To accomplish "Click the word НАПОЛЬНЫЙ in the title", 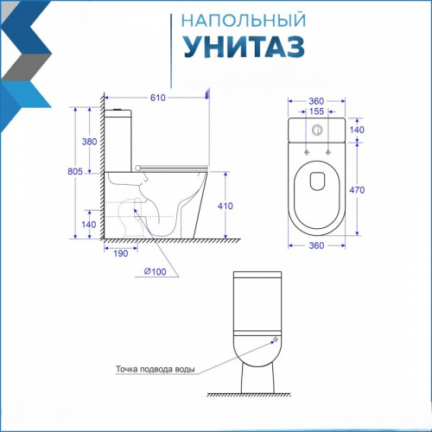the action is tap(244, 20).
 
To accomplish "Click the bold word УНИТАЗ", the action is tap(245, 47).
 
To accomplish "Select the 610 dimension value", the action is tap(158, 98).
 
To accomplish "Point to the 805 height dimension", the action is tap(75, 171).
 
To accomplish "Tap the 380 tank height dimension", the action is tap(89, 142).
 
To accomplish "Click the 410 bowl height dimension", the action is tap(226, 206).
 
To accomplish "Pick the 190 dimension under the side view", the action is tap(121, 253).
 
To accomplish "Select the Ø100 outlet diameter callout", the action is tap(155, 271).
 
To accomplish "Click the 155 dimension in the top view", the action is tap(316, 111).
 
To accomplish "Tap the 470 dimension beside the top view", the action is tap(357, 190).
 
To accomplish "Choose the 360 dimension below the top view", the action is tap(316, 245).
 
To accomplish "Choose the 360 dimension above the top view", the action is tap(316, 101).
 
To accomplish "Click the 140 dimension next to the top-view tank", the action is tap(357, 130).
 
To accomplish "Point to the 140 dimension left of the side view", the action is tap(89, 225).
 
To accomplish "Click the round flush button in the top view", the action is tap(317, 130).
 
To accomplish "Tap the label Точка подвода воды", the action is tap(156, 369).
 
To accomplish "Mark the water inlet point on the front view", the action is tap(276, 340).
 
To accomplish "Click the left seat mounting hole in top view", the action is tap(307, 152).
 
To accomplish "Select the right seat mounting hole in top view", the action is tap(327, 152).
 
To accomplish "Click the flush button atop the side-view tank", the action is tap(118, 110).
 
